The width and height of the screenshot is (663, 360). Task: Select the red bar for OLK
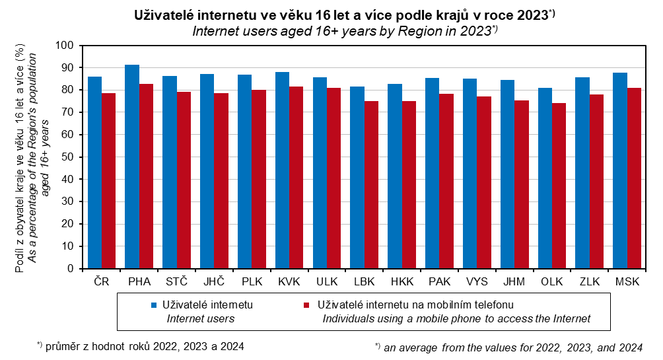coord(559,186)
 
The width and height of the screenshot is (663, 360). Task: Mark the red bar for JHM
coord(521,184)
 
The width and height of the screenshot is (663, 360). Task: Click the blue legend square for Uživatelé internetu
coord(154,305)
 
